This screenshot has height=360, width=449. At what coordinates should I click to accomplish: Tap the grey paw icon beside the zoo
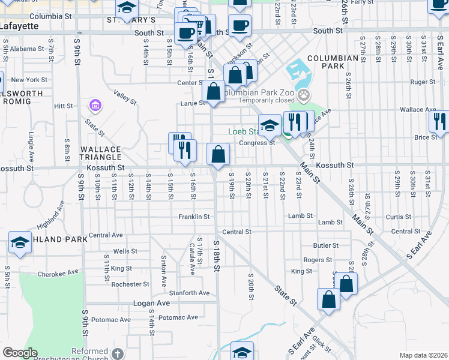305,94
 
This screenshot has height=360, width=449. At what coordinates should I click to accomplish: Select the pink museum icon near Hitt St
94,106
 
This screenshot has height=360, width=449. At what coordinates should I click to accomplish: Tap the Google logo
20,353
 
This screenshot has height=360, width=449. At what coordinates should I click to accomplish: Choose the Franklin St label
194,217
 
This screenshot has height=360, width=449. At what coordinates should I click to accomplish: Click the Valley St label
125,98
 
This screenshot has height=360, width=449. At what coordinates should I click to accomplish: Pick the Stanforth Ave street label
188,293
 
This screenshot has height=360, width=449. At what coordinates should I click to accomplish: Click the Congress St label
257,143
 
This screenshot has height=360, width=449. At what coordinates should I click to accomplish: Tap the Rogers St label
318,260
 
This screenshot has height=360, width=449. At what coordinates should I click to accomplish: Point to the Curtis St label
398,217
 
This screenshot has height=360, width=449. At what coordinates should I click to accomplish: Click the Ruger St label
423,82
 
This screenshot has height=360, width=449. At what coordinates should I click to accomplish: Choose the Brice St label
426,137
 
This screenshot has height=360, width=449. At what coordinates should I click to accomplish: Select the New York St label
29,80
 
